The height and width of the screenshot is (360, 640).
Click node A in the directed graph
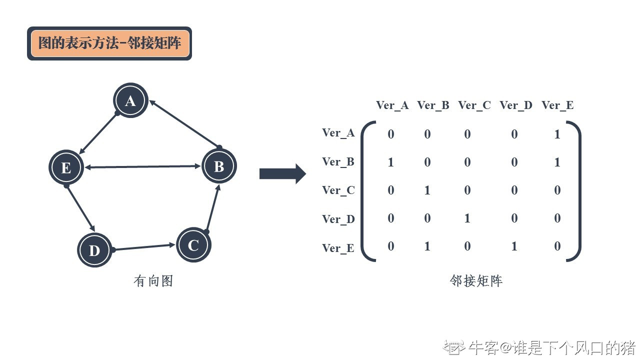click(x=130, y=101)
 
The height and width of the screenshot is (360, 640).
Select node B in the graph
click(x=219, y=166)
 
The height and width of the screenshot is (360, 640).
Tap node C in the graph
click(x=193, y=245)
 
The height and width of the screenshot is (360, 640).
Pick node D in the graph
click(x=94, y=250)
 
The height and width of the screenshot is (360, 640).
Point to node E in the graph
click(x=66, y=167)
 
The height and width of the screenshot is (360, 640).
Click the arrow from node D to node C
click(x=144, y=247)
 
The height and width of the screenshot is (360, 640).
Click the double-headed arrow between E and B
click(x=142, y=167)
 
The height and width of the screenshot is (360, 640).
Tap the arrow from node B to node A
click(x=184, y=124)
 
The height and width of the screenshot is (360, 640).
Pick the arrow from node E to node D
click(x=80, y=208)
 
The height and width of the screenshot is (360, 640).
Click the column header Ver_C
click(x=474, y=105)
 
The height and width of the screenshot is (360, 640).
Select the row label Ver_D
click(x=338, y=219)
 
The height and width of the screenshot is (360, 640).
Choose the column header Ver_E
click(x=557, y=105)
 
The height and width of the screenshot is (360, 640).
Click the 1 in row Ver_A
click(x=557, y=134)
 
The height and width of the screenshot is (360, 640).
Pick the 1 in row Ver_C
click(x=427, y=190)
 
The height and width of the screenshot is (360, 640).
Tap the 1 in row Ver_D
click(x=467, y=218)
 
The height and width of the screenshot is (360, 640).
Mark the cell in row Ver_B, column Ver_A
click(x=391, y=162)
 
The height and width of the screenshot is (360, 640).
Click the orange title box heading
click(x=109, y=43)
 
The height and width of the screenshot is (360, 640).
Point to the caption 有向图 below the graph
click(x=153, y=281)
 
